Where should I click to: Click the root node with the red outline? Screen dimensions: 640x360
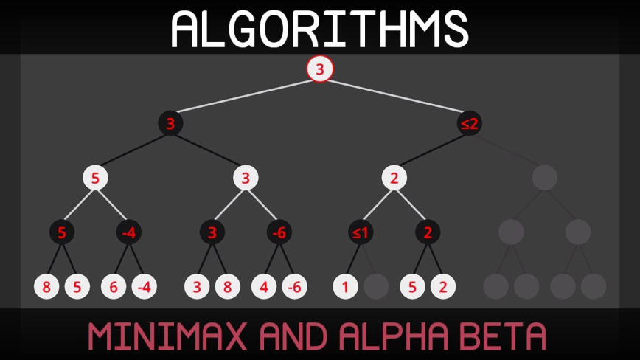[x=320, y=69]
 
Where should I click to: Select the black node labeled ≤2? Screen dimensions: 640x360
[x=470, y=123]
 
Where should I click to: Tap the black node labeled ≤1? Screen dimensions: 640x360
[x=361, y=232]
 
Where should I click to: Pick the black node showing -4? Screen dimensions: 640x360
[x=129, y=232]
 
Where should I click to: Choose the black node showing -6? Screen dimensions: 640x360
[x=279, y=232]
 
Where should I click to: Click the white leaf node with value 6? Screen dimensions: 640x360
[x=114, y=286]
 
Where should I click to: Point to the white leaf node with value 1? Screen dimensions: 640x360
[x=345, y=286]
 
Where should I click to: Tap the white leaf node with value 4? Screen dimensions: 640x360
[x=264, y=286]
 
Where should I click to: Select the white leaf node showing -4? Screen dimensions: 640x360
[x=144, y=286]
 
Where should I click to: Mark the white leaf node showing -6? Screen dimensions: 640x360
[x=294, y=286]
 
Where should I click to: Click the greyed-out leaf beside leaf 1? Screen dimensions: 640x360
[x=376, y=286]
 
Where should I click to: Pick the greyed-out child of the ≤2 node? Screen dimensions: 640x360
[x=544, y=178]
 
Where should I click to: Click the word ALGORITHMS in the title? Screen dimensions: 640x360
[x=320, y=30]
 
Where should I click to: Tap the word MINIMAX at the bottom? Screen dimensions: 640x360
[x=167, y=336]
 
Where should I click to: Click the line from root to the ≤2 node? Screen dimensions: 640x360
[x=394, y=96]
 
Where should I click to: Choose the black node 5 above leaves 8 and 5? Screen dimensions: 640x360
[x=62, y=232]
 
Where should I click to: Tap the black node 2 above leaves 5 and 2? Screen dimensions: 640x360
[x=428, y=232]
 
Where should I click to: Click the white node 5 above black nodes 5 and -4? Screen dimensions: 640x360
[x=95, y=178]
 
